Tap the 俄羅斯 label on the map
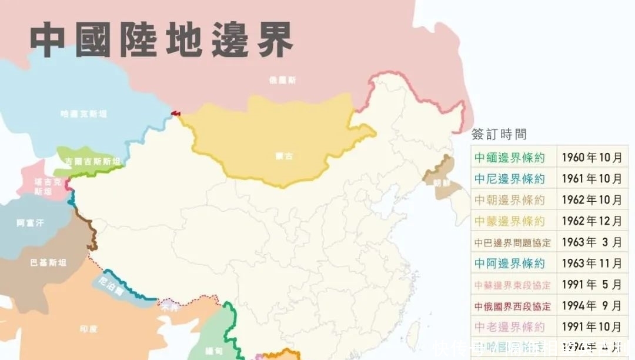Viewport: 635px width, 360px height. [x=282, y=80]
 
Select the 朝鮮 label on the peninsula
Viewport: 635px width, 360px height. [x=442, y=183]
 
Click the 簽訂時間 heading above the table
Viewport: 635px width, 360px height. [x=499, y=134]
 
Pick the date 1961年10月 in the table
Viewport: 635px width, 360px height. [x=591, y=179]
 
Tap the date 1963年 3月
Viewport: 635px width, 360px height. [x=591, y=242]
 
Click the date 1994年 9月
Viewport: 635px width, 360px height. [x=591, y=306]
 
